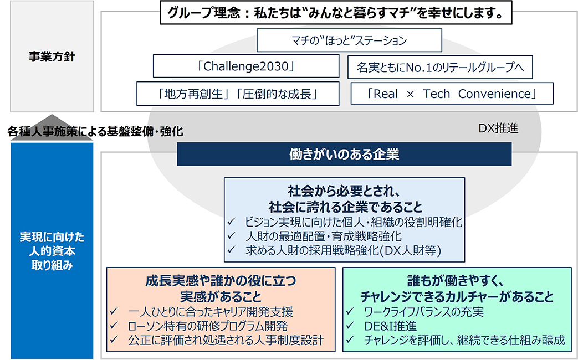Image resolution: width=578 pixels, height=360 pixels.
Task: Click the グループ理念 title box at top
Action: coord(335,13)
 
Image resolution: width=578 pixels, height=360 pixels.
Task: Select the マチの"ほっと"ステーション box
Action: coord(350,40)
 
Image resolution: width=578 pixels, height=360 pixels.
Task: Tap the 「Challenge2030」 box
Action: coord(245,66)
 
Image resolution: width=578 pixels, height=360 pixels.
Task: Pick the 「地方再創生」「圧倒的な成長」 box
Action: coord(237,94)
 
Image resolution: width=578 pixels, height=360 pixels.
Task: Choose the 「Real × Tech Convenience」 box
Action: coord(452,94)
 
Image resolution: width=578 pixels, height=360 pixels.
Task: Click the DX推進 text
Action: coord(498,128)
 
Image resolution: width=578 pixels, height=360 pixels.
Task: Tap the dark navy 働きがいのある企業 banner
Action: coord(344,154)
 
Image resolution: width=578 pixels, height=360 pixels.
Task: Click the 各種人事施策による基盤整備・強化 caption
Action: coord(95,132)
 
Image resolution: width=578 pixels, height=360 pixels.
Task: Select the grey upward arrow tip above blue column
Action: coord(52,118)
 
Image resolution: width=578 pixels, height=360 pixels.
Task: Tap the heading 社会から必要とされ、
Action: coord(344,191)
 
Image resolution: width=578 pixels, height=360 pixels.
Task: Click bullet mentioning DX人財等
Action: coord(343,251)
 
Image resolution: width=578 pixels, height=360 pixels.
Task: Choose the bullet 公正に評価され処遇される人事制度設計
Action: coord(226,340)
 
